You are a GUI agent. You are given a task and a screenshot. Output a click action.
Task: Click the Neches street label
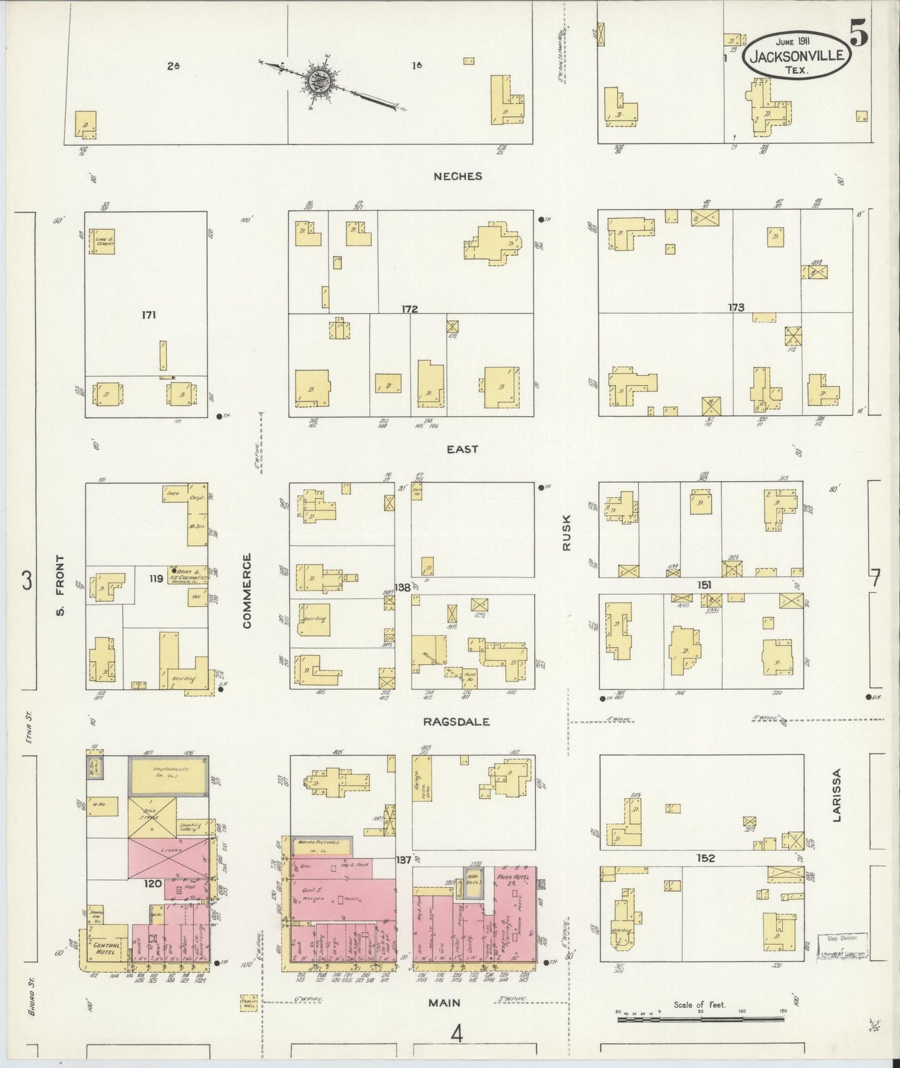(x=458, y=176)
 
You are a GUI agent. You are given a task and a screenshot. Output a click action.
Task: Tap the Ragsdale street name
(x=456, y=722)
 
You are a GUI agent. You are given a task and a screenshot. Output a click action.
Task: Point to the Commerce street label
(x=247, y=590)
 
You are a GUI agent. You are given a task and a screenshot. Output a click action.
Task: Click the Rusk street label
(x=566, y=536)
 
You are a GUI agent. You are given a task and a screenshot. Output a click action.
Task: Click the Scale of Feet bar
(x=701, y=1021)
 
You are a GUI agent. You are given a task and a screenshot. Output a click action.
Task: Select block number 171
(x=148, y=315)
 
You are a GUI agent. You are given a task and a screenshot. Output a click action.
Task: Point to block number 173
(x=736, y=307)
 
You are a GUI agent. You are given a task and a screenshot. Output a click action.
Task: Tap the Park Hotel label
(x=510, y=878)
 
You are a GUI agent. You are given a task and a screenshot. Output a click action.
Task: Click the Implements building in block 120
(x=169, y=775)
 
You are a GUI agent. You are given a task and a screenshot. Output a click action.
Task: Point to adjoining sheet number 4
(x=458, y=1035)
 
